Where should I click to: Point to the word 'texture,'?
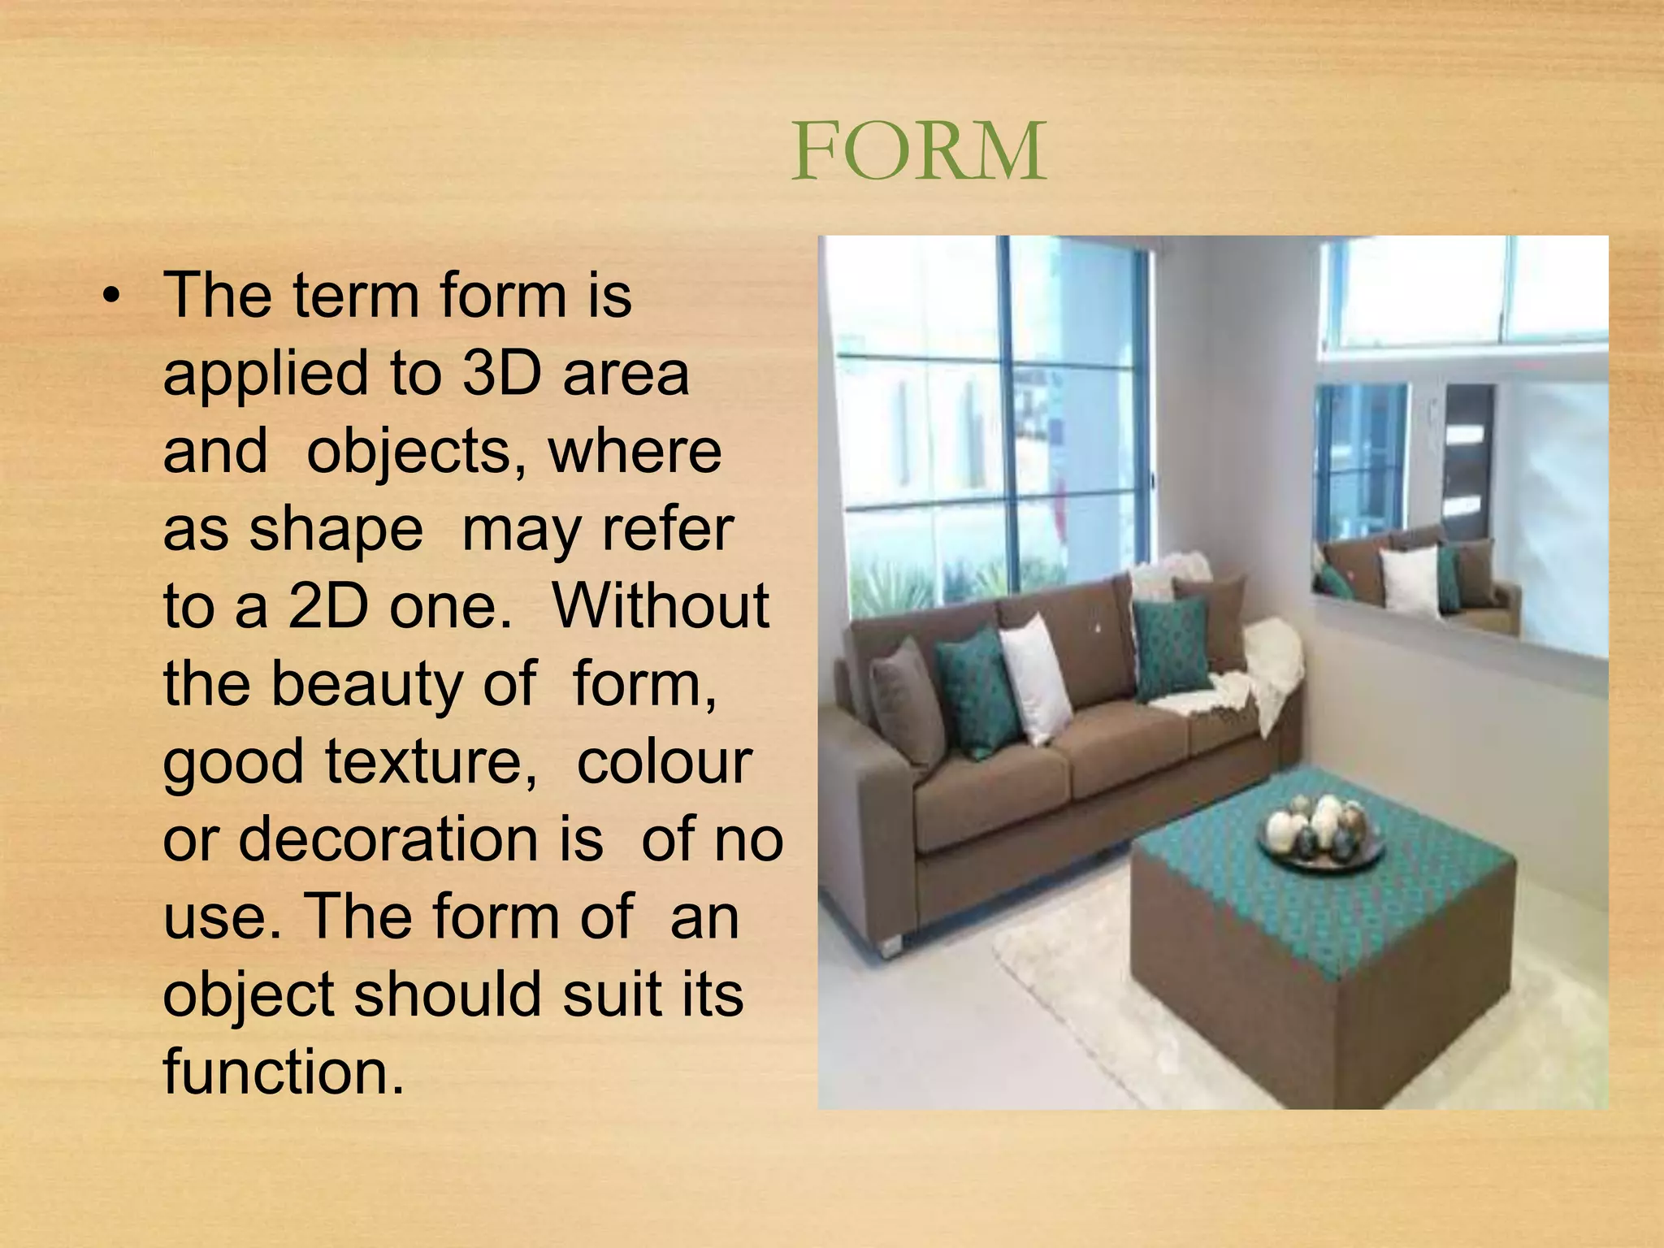(431, 761)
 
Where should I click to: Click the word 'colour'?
(664, 761)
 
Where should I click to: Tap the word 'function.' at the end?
(284, 1072)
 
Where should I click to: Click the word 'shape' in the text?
(336, 529)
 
